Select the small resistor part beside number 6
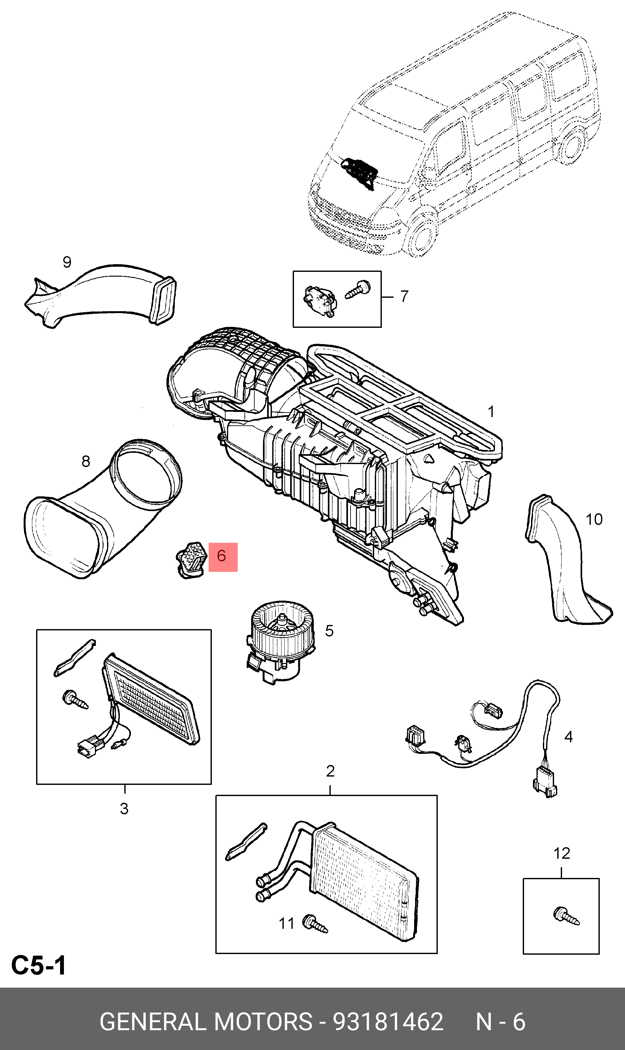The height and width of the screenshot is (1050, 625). pos(192,558)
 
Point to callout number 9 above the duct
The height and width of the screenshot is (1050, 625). pos(67,262)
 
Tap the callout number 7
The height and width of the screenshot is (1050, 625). pos(404,296)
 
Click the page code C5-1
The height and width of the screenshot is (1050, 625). pos(39,966)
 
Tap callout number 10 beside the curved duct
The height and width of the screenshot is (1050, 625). pos(594,519)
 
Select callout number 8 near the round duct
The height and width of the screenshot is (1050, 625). pos(86,461)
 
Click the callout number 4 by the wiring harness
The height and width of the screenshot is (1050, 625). pos(568,737)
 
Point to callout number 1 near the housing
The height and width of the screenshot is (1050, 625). pos(491,411)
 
